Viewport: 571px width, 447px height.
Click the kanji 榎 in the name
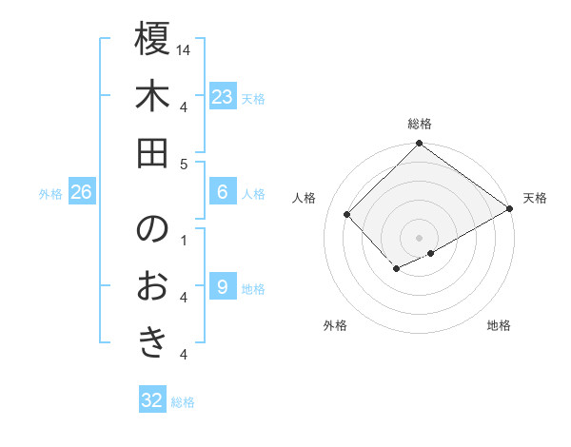(x=152, y=40)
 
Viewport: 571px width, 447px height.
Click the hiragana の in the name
(x=152, y=230)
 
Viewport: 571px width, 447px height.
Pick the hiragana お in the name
(x=152, y=285)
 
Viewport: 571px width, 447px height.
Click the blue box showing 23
(x=222, y=97)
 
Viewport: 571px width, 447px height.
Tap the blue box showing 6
(x=222, y=192)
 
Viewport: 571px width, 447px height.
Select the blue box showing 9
(x=222, y=287)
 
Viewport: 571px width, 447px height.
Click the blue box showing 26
(x=81, y=192)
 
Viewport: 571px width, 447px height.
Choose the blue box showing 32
(x=152, y=400)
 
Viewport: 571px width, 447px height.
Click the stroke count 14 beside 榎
(x=184, y=49)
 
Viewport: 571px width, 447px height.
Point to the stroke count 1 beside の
(x=184, y=239)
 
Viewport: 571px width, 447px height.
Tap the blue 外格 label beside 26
(x=50, y=193)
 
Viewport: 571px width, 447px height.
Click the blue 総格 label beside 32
(x=183, y=402)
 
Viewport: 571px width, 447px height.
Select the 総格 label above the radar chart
(x=419, y=124)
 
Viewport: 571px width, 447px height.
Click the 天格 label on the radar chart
(x=535, y=198)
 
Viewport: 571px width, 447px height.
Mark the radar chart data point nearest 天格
(x=510, y=209)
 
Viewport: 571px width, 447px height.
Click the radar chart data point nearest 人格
(x=348, y=215)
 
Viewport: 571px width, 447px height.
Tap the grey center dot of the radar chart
(x=419, y=236)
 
